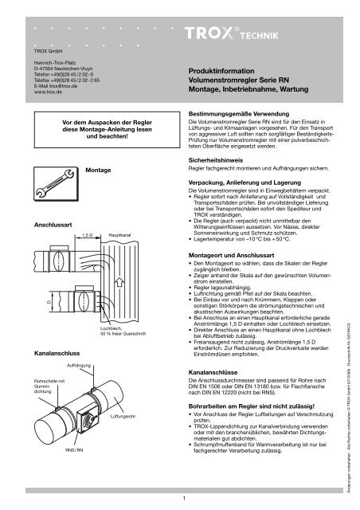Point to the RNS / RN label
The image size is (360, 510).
pos(76,472)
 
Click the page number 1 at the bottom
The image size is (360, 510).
pos(182,499)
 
